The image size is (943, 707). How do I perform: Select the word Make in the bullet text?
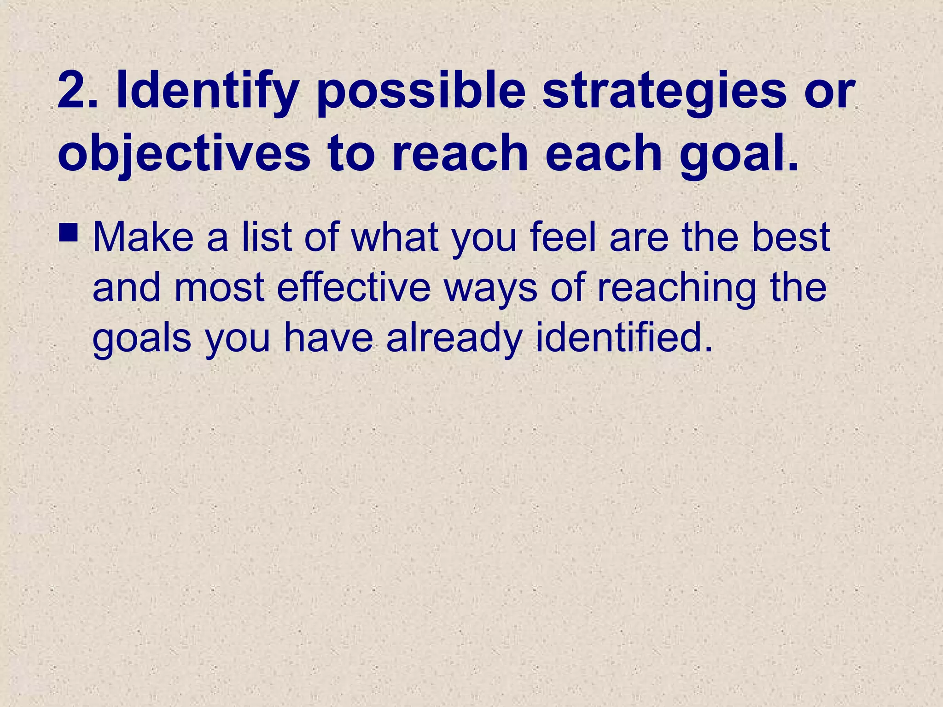pos(143,238)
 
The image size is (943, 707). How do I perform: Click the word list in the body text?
pos(268,238)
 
